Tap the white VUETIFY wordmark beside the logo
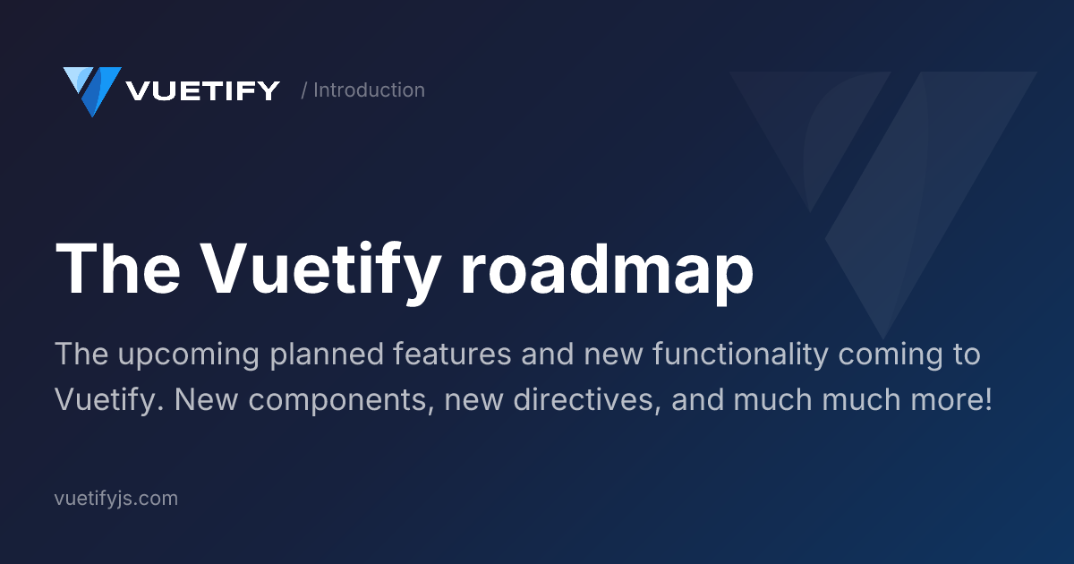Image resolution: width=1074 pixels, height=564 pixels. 203,90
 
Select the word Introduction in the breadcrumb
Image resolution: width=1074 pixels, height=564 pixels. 369,90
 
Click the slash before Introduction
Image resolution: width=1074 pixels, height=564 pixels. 304,90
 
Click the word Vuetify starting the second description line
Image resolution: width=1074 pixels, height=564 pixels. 108,400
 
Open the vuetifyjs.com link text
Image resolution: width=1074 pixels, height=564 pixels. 116,499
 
